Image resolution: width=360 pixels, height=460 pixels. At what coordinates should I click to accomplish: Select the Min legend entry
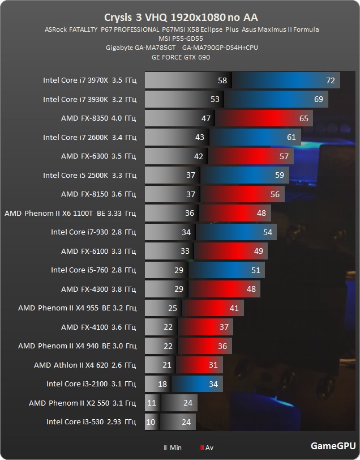coord(173,448)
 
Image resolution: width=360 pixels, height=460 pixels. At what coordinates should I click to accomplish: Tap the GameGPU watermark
coord(333,445)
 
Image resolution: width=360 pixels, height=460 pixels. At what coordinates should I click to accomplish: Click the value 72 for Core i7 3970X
coord(331,80)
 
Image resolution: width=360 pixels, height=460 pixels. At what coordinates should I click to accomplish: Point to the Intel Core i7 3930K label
coord(89,99)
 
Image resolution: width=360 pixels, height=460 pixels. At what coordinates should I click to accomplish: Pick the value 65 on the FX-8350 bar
coord(303,118)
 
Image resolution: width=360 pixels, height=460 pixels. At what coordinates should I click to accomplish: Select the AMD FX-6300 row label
coord(98,156)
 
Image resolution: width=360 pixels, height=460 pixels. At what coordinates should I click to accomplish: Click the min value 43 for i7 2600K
coord(199,137)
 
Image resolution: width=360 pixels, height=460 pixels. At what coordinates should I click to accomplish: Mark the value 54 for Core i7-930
coord(267,232)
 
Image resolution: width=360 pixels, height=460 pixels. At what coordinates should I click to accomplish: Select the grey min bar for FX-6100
coord(164,251)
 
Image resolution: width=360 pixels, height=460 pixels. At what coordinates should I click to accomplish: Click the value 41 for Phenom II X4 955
coord(234,308)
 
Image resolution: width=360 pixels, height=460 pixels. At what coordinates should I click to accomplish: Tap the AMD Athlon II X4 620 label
coord(85,365)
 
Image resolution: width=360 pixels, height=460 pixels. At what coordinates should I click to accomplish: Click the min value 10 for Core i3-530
coord(151,422)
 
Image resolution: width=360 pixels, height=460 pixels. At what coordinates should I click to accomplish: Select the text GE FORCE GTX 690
coord(179,57)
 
